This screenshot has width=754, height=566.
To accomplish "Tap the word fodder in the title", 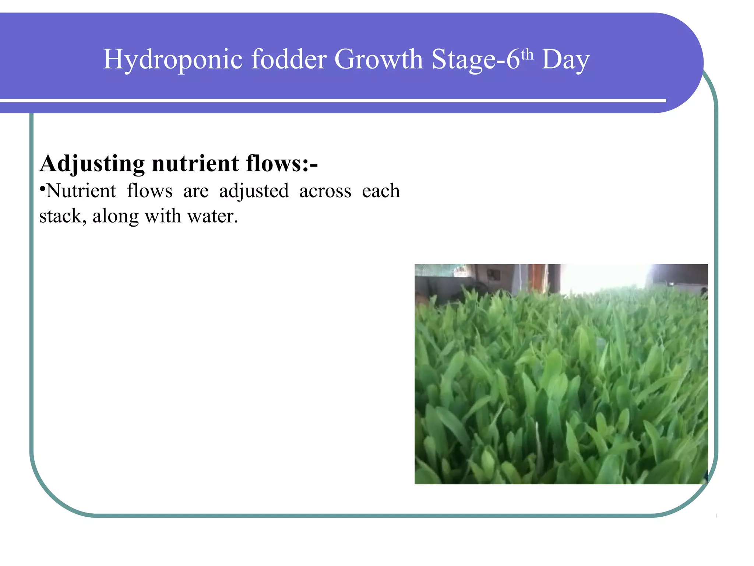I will [289, 59].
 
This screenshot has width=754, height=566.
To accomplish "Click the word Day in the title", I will [565, 60].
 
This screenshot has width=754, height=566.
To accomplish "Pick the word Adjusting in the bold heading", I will [92, 164].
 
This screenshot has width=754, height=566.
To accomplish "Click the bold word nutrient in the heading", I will [195, 164].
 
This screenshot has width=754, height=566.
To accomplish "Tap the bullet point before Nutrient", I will [42, 189].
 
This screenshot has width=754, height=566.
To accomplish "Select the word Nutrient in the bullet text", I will [81, 191].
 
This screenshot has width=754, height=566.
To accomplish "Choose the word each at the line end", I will [381, 191].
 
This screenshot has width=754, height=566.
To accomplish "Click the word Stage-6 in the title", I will [475, 60].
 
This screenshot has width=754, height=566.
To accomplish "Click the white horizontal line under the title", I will [331, 100].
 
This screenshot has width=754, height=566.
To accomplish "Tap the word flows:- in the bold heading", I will [282, 163].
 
